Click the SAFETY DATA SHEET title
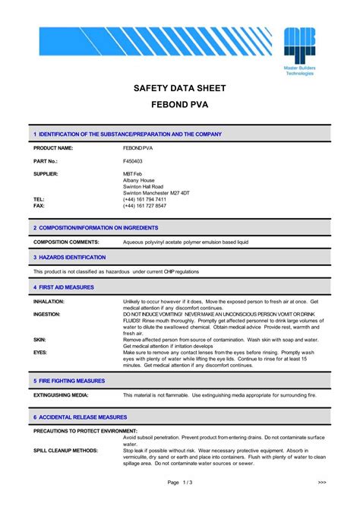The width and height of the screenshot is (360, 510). [x=179, y=88]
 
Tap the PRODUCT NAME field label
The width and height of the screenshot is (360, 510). [x=53, y=147]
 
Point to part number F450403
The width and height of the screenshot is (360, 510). [x=133, y=161]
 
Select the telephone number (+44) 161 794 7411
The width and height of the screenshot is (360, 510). [x=144, y=199]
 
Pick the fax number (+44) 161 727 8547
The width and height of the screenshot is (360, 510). [x=144, y=206]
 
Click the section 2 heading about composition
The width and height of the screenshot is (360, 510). [x=96, y=227]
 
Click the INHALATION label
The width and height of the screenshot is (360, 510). [x=49, y=302]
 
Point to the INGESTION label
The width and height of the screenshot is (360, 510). [x=47, y=314]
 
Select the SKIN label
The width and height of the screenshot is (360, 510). [x=39, y=339]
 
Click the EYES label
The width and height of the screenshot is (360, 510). [x=39, y=352]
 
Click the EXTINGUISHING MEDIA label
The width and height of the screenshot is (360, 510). [x=61, y=395]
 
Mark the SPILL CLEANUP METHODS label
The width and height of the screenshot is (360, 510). [x=65, y=451]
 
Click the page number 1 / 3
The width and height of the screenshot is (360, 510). [x=180, y=482]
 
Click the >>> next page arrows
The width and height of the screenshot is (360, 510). [x=322, y=482]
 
